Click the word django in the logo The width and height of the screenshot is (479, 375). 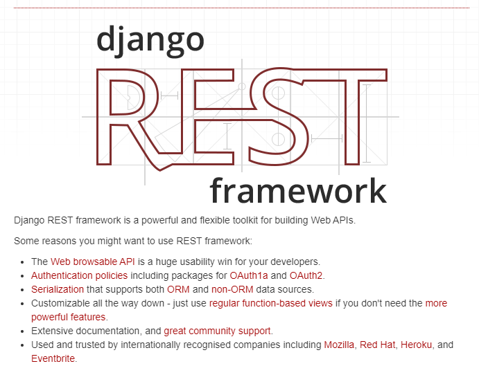pos(150,41)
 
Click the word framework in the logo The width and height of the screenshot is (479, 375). pos(299,190)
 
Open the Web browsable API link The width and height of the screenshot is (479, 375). pos(93,262)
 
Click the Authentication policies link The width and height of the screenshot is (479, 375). pos(80,275)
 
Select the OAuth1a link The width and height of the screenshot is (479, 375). pos(249,275)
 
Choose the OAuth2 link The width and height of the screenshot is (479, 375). pos(306,275)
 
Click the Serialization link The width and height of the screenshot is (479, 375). pos(58,289)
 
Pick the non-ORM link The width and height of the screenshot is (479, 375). pos(232,289)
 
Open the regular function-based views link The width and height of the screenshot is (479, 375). pos(270,303)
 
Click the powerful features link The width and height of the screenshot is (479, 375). pos(68,317)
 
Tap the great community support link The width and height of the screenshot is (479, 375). pos(217,331)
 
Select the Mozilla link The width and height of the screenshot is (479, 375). pos(339,345)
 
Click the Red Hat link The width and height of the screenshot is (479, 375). pos(378,345)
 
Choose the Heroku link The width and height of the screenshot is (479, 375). pos(416,345)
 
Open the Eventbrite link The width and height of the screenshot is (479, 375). pos(53,358)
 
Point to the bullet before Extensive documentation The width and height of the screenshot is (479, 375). pos(22,331)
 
